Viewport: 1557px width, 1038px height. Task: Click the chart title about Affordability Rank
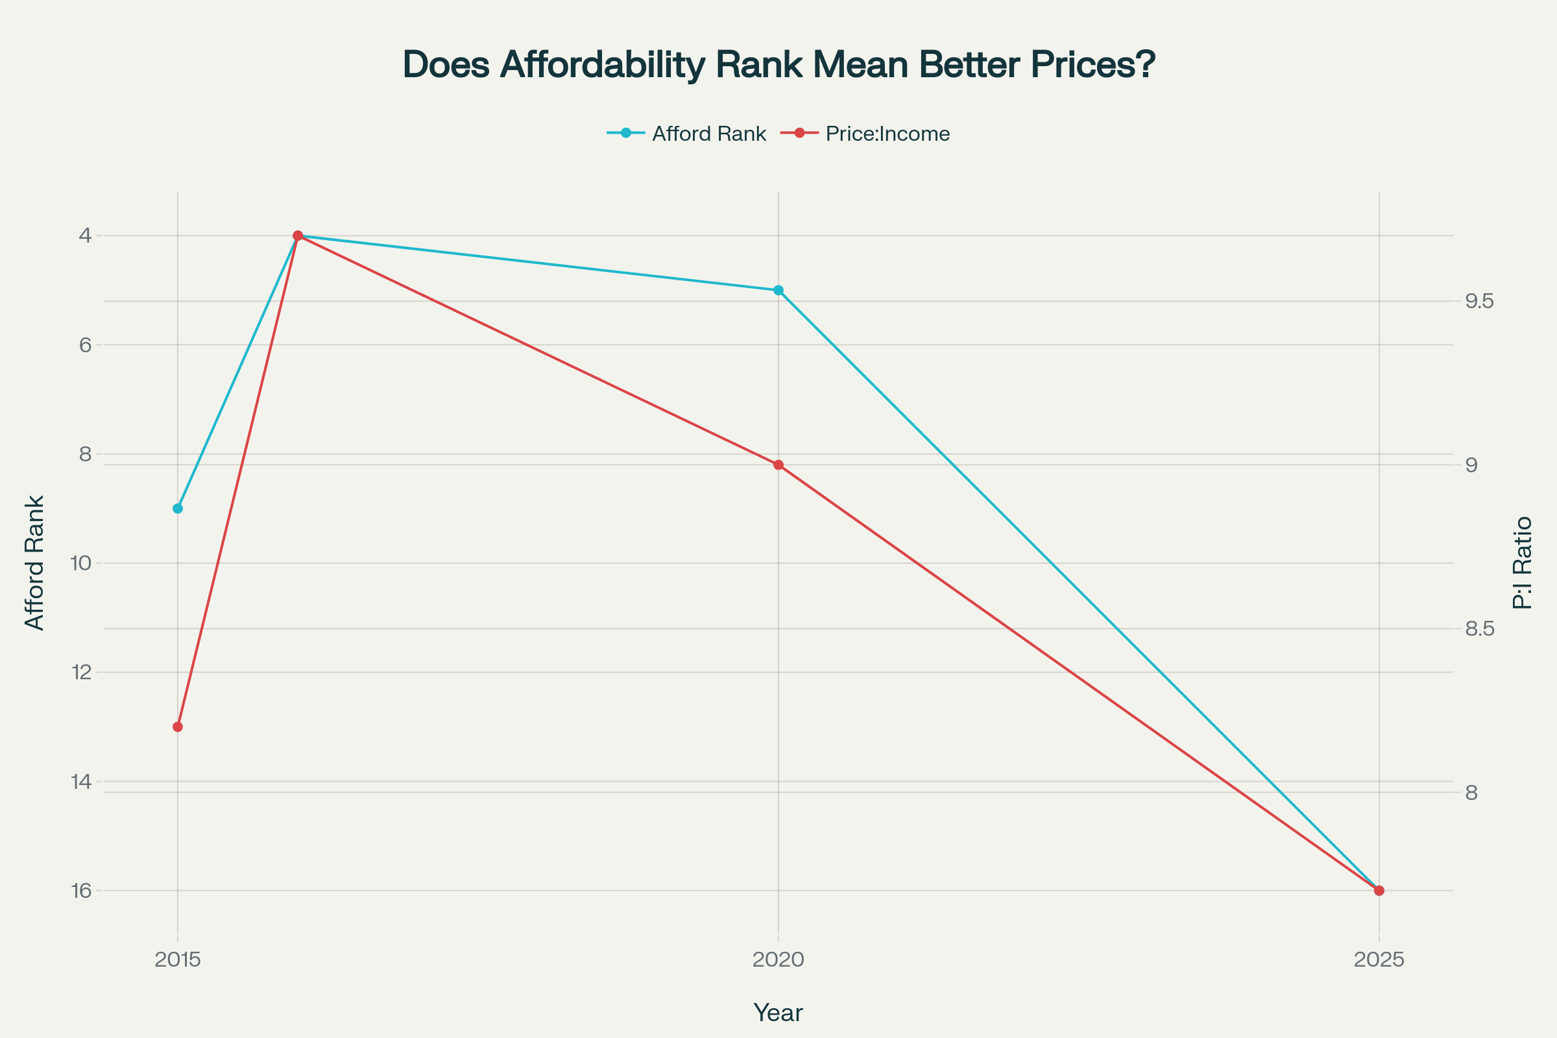tap(779, 65)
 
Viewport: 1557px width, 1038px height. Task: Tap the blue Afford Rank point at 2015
tap(177, 509)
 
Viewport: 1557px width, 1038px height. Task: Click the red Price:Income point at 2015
tap(177, 727)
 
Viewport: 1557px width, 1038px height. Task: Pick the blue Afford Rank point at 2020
tap(779, 290)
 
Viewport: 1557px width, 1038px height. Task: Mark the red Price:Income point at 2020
tap(779, 465)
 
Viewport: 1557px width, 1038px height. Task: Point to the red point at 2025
tap(1379, 890)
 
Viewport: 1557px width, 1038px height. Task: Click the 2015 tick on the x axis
tap(177, 960)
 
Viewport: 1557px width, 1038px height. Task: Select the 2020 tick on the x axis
tap(779, 960)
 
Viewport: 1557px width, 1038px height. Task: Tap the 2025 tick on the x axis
tap(1379, 960)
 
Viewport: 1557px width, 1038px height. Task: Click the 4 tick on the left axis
tap(85, 235)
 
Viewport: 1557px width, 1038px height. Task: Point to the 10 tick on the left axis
tap(80, 563)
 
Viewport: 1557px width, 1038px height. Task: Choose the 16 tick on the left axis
tap(80, 890)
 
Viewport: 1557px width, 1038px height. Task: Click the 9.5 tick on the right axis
tap(1480, 301)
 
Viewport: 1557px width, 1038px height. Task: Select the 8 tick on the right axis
tap(1471, 792)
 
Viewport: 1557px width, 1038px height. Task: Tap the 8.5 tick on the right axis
tap(1480, 629)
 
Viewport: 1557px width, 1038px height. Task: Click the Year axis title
tap(779, 1013)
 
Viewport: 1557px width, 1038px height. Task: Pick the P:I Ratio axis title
tap(1523, 562)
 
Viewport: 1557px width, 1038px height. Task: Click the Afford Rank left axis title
tap(34, 562)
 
